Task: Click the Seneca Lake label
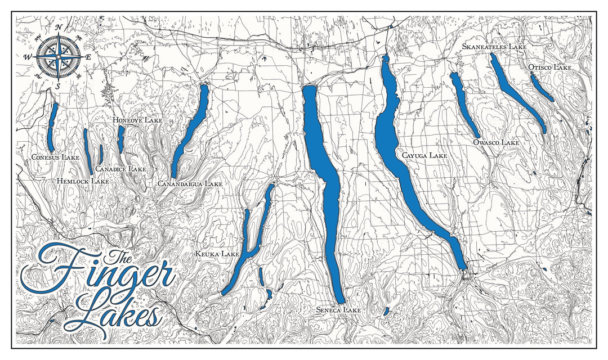tap(338, 310)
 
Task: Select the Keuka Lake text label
tap(217, 254)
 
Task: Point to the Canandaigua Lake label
tap(190, 184)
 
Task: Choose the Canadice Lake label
tap(120, 169)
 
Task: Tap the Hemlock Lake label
tap(83, 181)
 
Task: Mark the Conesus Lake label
tap(55, 157)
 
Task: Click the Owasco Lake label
tap(496, 143)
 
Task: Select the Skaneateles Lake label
tap(494, 47)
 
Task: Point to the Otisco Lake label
tap(550, 67)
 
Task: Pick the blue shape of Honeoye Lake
tap(120, 139)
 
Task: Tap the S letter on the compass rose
tap(58, 85)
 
